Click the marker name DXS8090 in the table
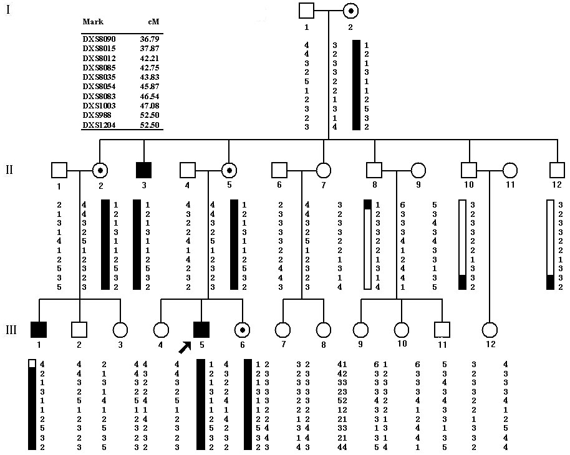[99, 39]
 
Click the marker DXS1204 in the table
[99, 125]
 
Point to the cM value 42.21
[150, 58]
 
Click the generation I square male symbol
[306, 11]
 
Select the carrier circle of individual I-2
[350, 11]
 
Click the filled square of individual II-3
[144, 170]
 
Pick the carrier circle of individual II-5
[229, 170]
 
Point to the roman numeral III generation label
[11, 329]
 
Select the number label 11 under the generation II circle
[510, 184]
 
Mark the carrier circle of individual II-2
[100, 170]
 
